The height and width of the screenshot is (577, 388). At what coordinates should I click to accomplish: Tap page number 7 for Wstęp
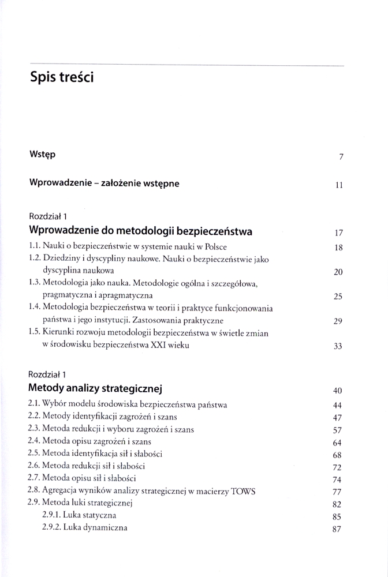tap(341, 157)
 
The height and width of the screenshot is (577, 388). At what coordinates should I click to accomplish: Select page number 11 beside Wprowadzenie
tap(339, 185)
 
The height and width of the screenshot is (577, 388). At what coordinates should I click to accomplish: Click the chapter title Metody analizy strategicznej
tap(97, 387)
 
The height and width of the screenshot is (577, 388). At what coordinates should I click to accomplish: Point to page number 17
tap(339, 234)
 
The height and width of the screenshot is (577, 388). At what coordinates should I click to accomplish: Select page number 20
tap(339, 272)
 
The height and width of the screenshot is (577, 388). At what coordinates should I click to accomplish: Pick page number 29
tap(339, 322)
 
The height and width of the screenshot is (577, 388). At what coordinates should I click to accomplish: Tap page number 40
tap(338, 390)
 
